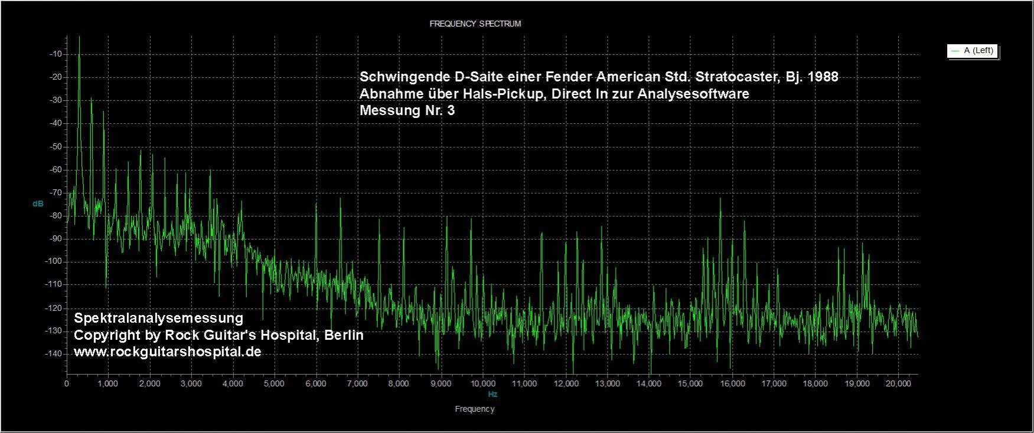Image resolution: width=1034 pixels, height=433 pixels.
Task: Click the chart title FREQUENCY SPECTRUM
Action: coord(475,24)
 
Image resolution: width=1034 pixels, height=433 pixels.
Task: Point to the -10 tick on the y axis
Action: coord(56,54)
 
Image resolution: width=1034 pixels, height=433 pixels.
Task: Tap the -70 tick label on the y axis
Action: coord(56,193)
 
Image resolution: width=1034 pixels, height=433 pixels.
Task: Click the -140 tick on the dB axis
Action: coord(55,354)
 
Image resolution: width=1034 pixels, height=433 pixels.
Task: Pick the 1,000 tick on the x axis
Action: coord(108,384)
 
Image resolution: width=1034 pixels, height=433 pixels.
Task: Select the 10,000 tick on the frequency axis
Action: coord(482,384)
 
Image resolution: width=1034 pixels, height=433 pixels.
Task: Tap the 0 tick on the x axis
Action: coord(67,384)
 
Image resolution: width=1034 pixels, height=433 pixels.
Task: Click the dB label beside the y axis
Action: coord(38,204)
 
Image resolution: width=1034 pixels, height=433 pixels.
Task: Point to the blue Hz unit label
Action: coord(492,394)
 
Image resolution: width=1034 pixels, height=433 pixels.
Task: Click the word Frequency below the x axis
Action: coord(475,409)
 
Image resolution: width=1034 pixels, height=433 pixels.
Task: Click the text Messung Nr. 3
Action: coord(407,110)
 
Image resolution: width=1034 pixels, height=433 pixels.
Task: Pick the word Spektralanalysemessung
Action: coord(158,319)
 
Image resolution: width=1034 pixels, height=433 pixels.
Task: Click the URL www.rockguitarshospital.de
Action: coord(167,352)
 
